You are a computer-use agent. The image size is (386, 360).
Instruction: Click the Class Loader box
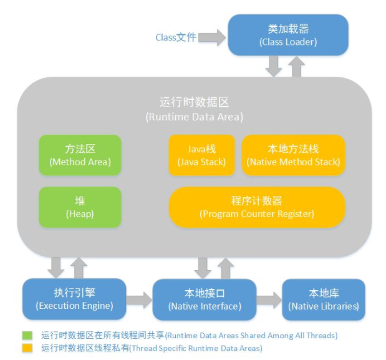click(287, 36)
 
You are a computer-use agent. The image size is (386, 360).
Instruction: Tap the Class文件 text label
click(176, 37)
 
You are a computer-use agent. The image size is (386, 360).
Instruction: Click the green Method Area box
click(80, 155)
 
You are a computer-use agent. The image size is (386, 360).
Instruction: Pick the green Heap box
click(80, 207)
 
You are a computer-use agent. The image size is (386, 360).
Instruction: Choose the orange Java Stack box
click(201, 155)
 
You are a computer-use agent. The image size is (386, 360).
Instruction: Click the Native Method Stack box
click(293, 155)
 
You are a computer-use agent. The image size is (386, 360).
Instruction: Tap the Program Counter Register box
click(257, 207)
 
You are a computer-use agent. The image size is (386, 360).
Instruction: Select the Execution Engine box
click(74, 299)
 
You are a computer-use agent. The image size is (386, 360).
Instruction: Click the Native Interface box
click(205, 299)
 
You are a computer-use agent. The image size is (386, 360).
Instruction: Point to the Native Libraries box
click(324, 299)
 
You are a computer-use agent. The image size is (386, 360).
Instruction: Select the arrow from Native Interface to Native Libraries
click(269, 300)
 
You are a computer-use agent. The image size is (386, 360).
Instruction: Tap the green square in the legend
click(27, 335)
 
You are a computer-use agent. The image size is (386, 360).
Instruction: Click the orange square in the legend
click(27, 348)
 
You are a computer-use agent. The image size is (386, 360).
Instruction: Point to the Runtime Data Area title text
click(194, 109)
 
